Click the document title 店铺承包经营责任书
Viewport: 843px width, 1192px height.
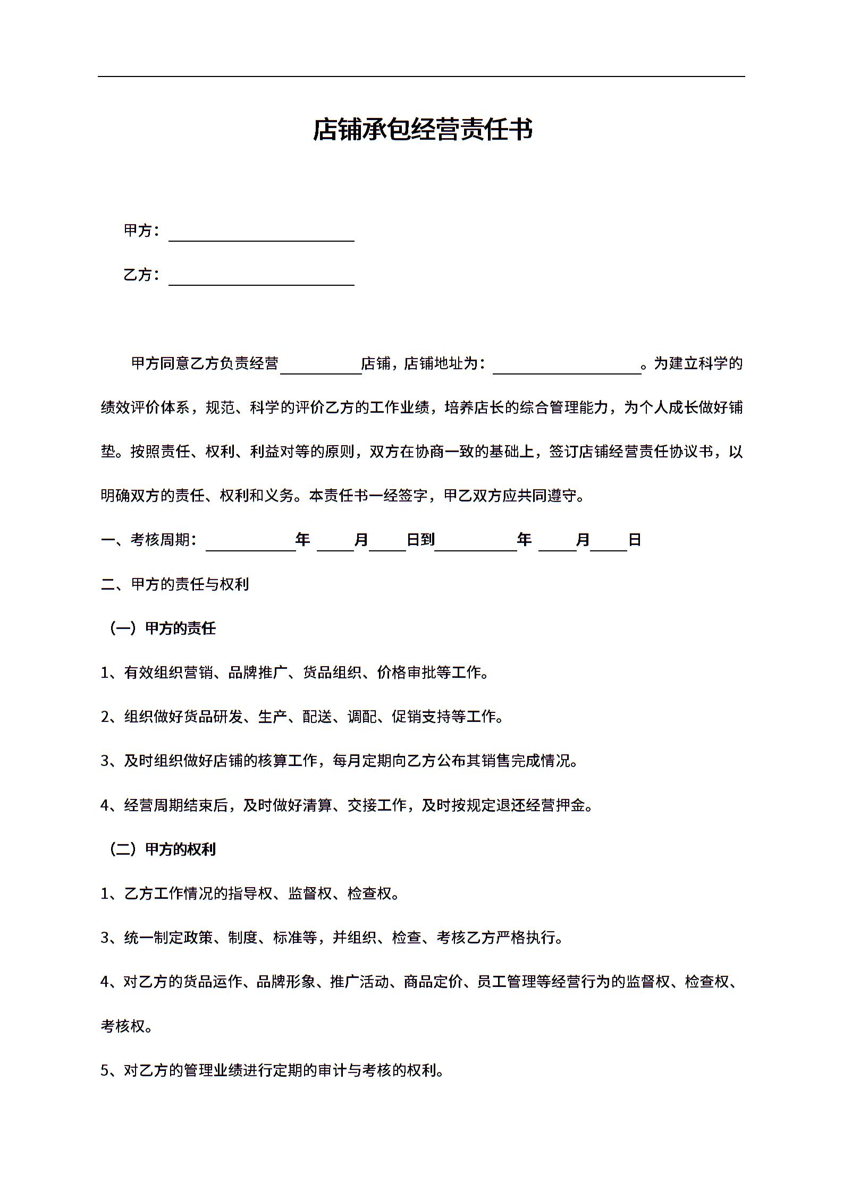click(422, 130)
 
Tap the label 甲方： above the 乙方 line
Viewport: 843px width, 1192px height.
click(141, 231)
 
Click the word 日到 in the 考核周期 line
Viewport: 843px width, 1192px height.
click(420, 540)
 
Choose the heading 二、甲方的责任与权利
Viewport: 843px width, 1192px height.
click(175, 584)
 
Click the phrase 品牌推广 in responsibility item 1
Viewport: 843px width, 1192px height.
click(258, 672)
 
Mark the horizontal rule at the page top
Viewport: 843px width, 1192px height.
click(421, 76)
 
